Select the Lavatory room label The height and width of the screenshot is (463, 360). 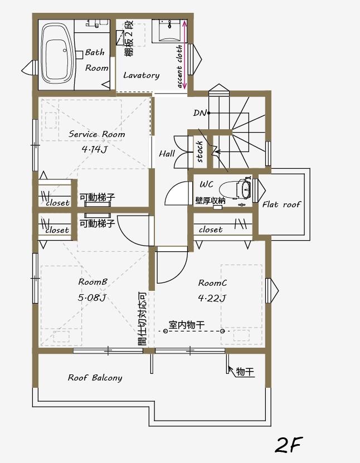tap(141, 75)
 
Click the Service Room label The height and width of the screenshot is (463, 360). tap(96, 134)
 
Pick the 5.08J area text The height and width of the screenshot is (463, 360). tap(93, 298)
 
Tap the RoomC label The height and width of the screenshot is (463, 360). tap(212, 283)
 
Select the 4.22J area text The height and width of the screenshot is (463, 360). tap(212, 298)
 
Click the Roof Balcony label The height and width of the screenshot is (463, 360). tap(95, 378)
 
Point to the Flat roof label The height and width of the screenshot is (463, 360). tap(281, 204)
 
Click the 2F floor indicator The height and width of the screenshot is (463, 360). tap(288, 445)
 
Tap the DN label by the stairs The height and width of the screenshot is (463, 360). tap(200, 113)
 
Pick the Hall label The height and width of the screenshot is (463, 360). tap(167, 154)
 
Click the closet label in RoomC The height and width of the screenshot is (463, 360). tap(210, 230)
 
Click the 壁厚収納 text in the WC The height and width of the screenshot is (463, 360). tap(210, 200)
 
